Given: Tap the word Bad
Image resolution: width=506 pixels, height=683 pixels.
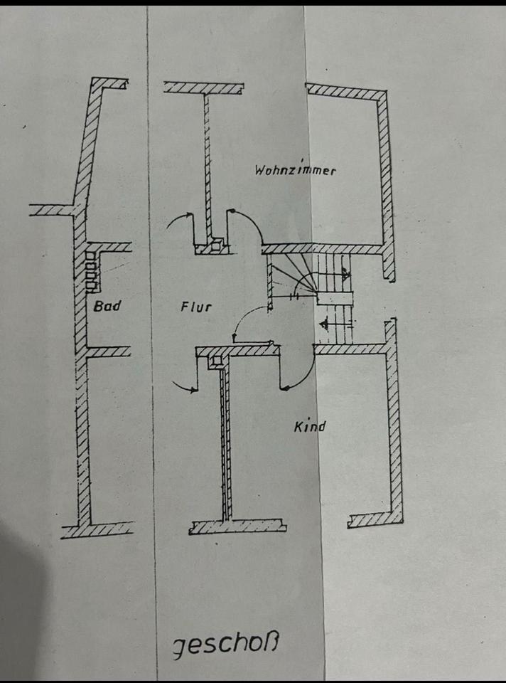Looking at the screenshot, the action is pyautogui.click(x=107, y=306).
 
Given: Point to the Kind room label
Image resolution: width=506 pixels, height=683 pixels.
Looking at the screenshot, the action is pyautogui.click(x=310, y=427).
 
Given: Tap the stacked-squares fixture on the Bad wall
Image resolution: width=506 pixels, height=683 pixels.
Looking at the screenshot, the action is pyautogui.click(x=92, y=271).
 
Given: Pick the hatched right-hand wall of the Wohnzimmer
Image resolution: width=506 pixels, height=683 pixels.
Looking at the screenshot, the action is pyautogui.click(x=384, y=178).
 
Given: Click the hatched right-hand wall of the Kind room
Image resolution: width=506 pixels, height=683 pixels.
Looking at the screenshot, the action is pyautogui.click(x=393, y=427).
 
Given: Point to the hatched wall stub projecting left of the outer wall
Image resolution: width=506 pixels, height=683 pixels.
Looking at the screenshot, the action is pyautogui.click(x=51, y=210).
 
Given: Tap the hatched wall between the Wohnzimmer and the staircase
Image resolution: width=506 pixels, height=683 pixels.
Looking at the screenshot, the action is pyautogui.click(x=320, y=249).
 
